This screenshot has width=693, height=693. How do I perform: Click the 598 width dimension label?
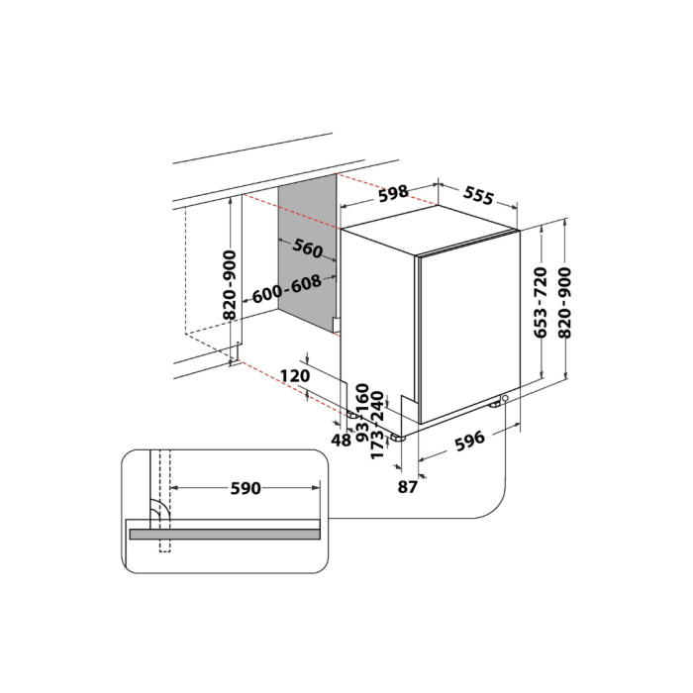[x=393, y=193]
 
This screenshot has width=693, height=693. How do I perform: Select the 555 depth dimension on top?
[x=478, y=195]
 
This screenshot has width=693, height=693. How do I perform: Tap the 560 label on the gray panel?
[x=308, y=247]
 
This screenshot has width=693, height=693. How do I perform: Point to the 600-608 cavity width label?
[x=287, y=289]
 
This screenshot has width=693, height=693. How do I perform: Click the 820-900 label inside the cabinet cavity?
[x=230, y=285]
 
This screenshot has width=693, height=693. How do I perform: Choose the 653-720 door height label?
[x=541, y=302]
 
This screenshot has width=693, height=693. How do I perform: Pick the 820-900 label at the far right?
[x=564, y=302]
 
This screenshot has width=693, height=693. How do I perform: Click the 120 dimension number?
[x=295, y=375]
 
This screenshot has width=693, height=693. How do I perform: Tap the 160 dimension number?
[x=362, y=397]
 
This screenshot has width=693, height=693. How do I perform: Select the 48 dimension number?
[x=341, y=440]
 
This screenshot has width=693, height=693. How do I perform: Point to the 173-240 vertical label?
[x=377, y=425]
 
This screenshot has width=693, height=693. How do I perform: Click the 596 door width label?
[x=470, y=441]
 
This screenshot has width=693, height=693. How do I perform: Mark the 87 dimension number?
[x=408, y=487]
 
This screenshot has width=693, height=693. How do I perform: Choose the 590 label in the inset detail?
[x=246, y=488]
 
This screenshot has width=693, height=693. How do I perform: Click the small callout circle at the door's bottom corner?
[x=505, y=398]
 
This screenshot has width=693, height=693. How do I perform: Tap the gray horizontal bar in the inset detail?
[x=225, y=535]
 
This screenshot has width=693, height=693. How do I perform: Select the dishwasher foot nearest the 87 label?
[x=398, y=438]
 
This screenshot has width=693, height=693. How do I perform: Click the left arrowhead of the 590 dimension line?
[x=173, y=488]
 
